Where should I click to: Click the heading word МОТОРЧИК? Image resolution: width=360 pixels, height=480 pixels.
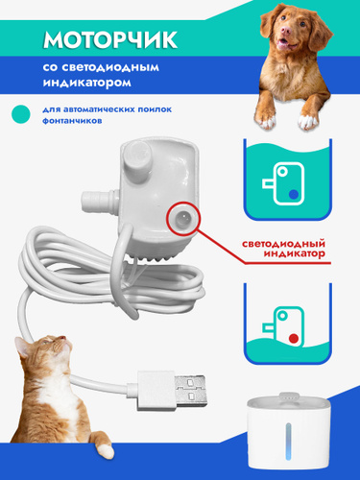pos(110,39)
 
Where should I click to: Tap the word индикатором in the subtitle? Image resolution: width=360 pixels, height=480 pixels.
pos(87,83)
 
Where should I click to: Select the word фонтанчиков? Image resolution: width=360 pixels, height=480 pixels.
pos(72,121)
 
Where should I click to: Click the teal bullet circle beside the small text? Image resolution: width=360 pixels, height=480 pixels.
pos(21,114)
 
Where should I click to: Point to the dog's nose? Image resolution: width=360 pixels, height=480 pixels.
pos(286,31)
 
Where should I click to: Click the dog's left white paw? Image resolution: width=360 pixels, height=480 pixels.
pos(265,120)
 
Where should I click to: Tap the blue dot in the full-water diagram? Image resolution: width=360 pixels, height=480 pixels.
pos(294,194)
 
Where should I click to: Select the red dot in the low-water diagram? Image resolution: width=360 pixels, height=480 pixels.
pos(294,338)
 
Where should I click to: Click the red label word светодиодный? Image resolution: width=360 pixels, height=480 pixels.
pos(283,244)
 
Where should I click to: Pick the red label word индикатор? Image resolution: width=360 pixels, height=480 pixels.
pos(294,254)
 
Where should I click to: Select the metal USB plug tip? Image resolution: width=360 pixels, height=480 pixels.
pos(190,391)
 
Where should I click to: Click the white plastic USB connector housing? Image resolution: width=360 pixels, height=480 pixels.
pos(156,391)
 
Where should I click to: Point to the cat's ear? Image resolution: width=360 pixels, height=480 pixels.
pos(22,348)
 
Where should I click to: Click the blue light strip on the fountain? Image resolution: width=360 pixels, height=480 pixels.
pos(289,442)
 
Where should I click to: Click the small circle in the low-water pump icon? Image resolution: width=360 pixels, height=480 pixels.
pos(282,316)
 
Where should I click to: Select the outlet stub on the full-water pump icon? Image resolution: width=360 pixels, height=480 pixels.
pos(269,183)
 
